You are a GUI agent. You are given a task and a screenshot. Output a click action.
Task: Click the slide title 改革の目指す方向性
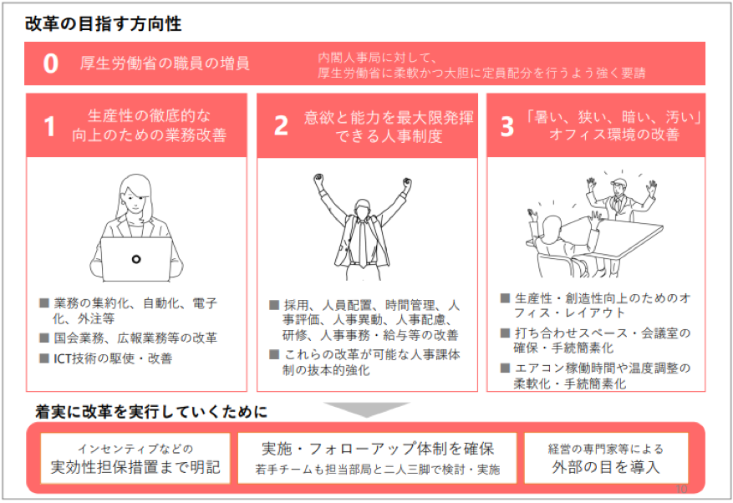(103, 24)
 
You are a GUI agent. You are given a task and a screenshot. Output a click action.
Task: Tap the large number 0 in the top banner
(50, 64)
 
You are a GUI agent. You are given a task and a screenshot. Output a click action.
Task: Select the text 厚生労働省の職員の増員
(165, 64)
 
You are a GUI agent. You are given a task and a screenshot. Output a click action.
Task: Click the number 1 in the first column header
(49, 126)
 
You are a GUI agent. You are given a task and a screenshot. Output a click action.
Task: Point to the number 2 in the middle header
(281, 125)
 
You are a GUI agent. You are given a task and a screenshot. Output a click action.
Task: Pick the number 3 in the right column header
(507, 126)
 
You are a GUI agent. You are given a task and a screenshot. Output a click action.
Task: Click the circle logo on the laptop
(136, 259)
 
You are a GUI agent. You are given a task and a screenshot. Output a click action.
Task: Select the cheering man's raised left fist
(318, 180)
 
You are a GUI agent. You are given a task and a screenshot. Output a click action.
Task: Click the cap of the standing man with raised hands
(618, 181)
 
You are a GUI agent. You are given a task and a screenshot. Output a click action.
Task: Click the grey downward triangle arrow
(367, 409)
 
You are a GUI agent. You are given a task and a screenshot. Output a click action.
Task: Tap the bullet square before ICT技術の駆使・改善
(44, 358)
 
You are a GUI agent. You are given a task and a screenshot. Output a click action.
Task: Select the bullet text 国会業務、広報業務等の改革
(135, 338)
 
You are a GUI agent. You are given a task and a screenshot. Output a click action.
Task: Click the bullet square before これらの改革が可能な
(274, 355)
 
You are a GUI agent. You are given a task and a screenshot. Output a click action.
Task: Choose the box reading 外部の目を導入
(606, 458)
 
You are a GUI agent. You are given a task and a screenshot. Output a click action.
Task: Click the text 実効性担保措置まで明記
(135, 466)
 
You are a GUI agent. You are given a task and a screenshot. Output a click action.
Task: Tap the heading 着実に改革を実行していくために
(151, 412)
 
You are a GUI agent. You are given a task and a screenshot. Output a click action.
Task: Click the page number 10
(681, 489)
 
